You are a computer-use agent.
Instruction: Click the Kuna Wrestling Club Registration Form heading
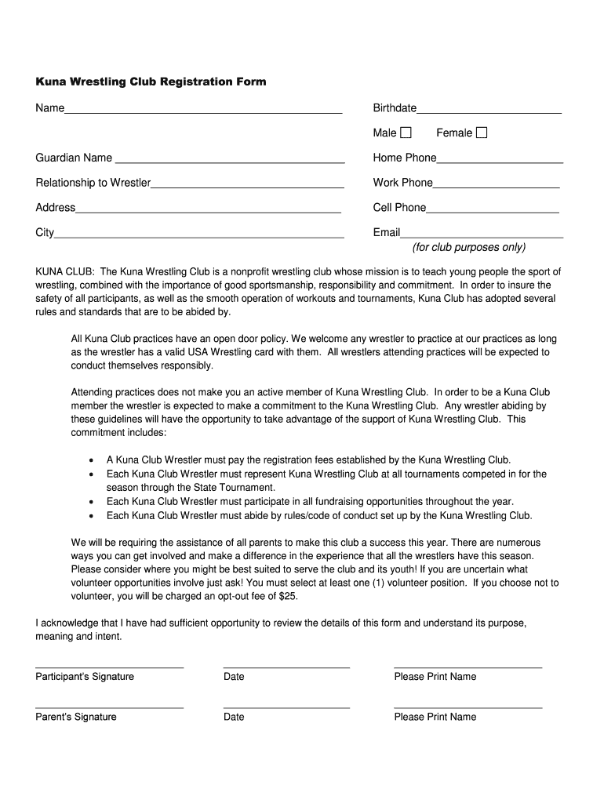(x=151, y=82)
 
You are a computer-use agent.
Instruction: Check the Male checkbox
(x=406, y=133)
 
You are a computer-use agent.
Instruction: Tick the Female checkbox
(x=481, y=133)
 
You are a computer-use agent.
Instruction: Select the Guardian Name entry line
(x=230, y=162)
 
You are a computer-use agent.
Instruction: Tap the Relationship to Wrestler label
(x=93, y=183)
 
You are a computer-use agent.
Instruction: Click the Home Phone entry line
(x=500, y=162)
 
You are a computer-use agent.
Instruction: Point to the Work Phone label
(x=402, y=183)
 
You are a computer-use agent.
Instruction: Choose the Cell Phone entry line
(x=493, y=212)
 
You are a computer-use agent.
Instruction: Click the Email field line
(x=482, y=236)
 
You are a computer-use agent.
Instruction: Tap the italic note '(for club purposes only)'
(x=469, y=248)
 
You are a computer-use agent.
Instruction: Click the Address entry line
(x=208, y=212)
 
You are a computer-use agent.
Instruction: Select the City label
(x=45, y=233)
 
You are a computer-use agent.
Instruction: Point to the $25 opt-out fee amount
(x=288, y=596)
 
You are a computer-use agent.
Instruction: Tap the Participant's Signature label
(x=85, y=677)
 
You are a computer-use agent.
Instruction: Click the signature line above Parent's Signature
(x=109, y=707)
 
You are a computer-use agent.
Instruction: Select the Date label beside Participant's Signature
(x=234, y=677)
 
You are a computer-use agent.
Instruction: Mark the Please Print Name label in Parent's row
(x=435, y=717)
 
